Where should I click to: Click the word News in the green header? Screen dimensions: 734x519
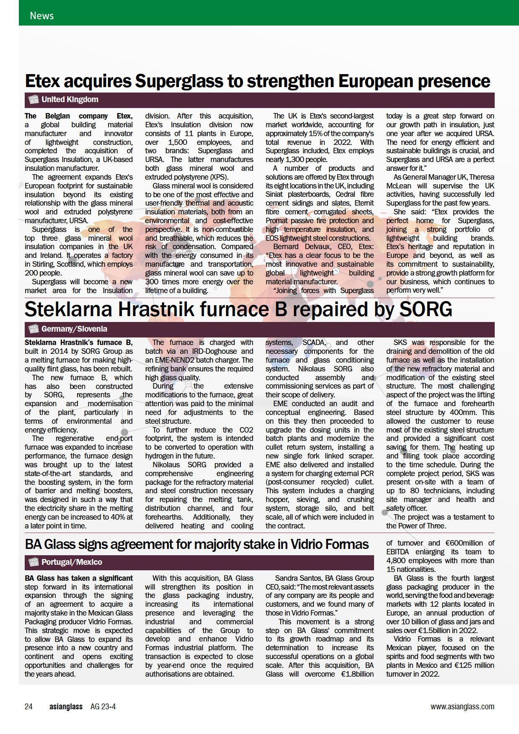point(41,15)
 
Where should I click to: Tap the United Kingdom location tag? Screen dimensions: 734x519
point(70,100)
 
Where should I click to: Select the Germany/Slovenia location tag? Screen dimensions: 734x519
point(74,329)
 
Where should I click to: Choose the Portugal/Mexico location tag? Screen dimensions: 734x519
point(72,562)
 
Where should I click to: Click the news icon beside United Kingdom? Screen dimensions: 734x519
point(33,100)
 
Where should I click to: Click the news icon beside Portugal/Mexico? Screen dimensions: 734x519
point(33,562)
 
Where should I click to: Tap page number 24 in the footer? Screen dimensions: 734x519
point(28,707)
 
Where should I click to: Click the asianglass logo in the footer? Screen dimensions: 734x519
point(66,707)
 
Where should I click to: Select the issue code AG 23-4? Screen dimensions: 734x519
point(103,707)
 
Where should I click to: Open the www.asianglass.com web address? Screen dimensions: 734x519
point(462,707)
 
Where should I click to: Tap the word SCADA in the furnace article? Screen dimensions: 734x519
point(313,343)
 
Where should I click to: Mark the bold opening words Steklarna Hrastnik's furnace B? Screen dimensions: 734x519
point(78,343)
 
